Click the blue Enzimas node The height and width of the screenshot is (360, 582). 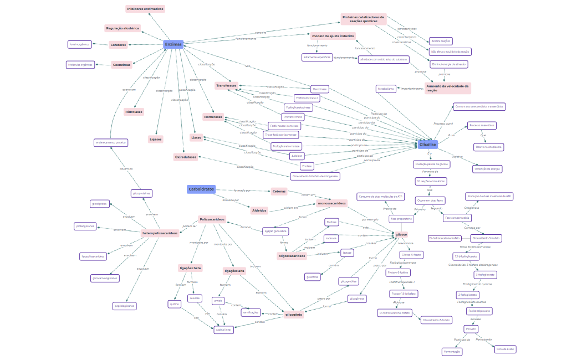click(x=173, y=44)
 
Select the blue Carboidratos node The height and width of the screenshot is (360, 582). click(x=201, y=189)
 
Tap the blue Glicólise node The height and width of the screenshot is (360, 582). click(x=427, y=145)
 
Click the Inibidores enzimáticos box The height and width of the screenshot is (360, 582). click(x=145, y=9)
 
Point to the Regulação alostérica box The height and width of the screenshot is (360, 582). click(x=122, y=28)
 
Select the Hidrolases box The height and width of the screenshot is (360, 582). click(x=134, y=111)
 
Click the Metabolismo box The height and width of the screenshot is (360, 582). click(x=386, y=89)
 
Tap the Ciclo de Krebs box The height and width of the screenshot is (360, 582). click(x=505, y=349)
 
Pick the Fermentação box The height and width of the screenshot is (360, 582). click(x=452, y=352)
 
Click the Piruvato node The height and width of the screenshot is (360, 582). click(x=471, y=329)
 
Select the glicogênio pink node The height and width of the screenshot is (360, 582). click(x=294, y=315)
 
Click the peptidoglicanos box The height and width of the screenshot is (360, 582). click(x=124, y=306)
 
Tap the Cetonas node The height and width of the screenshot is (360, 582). click(x=279, y=191)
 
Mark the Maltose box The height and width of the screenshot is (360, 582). click(x=332, y=222)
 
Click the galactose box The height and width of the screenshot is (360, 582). click(x=312, y=276)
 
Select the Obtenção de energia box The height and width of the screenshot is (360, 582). click(x=488, y=169)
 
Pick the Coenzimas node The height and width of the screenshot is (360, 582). click(x=121, y=65)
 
